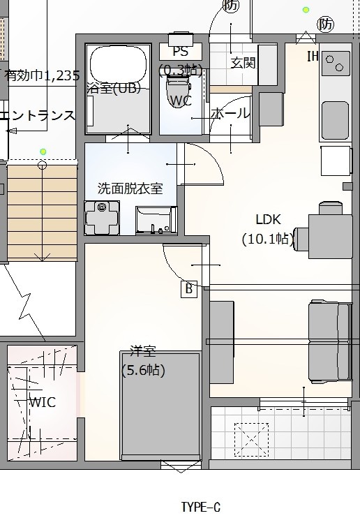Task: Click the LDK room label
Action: [268, 219]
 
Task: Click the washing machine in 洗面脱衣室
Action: [102, 217]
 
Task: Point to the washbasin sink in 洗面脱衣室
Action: [156, 221]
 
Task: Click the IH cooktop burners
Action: [334, 63]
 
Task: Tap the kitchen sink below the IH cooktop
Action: [335, 121]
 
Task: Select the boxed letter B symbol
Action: [189, 289]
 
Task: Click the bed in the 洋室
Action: [160, 406]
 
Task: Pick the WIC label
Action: [43, 402]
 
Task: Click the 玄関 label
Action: [243, 62]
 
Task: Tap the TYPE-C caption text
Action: [200, 507]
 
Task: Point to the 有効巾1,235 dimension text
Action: [42, 75]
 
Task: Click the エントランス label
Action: [37, 115]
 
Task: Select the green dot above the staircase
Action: [43, 152]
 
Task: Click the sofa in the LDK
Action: [329, 341]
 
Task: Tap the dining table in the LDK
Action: [330, 237]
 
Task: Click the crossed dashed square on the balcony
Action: [251, 440]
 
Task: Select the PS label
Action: [180, 52]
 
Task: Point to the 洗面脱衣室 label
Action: [130, 188]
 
